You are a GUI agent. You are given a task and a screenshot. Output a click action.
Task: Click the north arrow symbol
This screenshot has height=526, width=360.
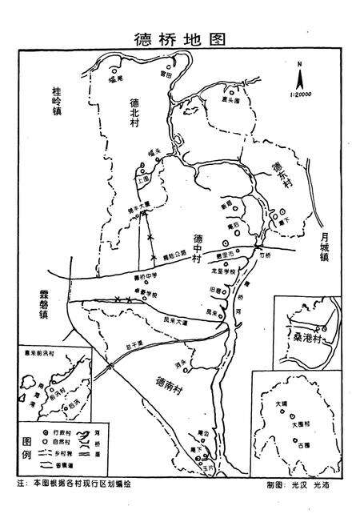click(x=298, y=78)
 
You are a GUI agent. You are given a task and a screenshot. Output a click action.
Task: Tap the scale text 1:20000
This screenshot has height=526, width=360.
click(x=299, y=95)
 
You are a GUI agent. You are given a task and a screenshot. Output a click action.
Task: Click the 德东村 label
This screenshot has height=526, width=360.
click(x=278, y=175)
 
